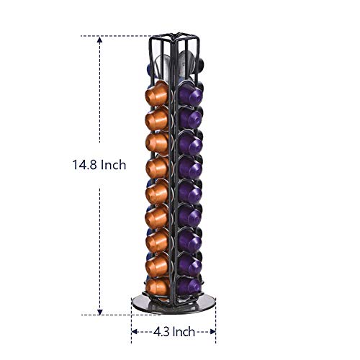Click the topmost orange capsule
158,92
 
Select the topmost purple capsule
189,92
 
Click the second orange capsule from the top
158,117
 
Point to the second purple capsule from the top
190,117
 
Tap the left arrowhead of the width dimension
135,332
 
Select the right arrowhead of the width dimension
213,332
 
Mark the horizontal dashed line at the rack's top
122,35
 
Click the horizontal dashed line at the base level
115,314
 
